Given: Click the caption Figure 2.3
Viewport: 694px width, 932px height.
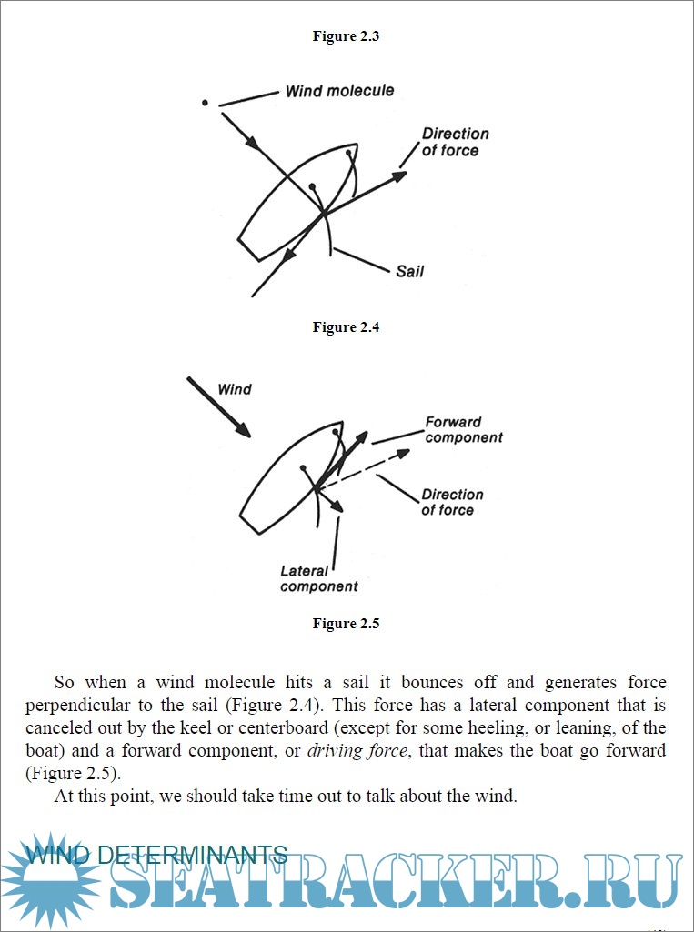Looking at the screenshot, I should (x=346, y=36).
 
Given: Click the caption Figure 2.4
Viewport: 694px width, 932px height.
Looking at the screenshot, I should (x=346, y=327).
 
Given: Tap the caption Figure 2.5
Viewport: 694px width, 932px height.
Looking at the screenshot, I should (x=346, y=624).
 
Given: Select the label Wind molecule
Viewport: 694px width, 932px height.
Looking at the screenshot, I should (x=339, y=91).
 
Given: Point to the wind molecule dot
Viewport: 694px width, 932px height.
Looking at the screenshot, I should (x=206, y=102).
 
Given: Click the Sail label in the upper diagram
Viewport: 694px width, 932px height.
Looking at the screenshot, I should (x=409, y=271).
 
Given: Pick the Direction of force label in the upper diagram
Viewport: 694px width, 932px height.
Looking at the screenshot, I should (x=455, y=142).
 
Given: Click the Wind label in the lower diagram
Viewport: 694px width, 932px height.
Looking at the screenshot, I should (x=235, y=389).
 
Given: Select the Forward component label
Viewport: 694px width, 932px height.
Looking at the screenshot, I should (x=463, y=429).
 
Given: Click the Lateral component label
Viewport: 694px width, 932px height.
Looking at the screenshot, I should (x=318, y=579).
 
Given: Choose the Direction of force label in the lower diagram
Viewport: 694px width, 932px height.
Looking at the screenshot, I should (x=451, y=502).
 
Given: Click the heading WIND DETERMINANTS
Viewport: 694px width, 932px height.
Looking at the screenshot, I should (x=156, y=855).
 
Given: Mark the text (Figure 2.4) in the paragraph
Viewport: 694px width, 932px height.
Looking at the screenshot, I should (x=231, y=706).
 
